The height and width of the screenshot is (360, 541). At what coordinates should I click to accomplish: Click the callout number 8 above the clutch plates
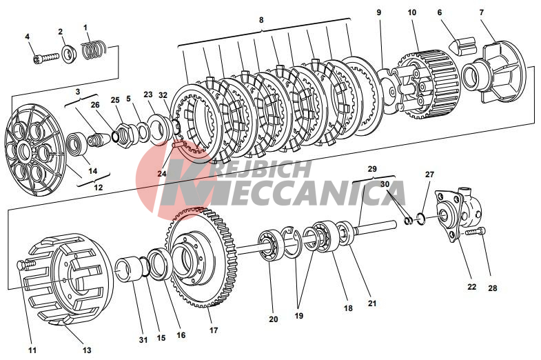(261, 20)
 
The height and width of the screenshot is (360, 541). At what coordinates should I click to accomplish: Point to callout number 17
(214, 330)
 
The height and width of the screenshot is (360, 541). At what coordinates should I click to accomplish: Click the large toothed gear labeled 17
(201, 257)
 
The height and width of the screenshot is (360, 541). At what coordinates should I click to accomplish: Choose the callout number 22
(471, 286)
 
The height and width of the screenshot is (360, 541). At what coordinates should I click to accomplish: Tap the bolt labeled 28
(476, 232)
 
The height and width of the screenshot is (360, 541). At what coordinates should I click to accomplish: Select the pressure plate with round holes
(35, 150)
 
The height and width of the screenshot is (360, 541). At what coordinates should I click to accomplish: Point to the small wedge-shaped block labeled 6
(462, 46)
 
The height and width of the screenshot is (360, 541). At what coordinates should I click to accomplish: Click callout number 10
(412, 12)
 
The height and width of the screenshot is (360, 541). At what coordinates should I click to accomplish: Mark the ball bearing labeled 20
(269, 246)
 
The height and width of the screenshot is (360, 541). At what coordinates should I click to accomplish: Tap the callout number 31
(143, 339)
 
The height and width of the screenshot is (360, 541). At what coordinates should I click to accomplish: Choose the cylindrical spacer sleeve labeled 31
(129, 269)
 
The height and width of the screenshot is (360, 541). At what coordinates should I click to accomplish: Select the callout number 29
(372, 169)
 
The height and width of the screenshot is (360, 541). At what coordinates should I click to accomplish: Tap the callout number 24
(162, 173)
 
